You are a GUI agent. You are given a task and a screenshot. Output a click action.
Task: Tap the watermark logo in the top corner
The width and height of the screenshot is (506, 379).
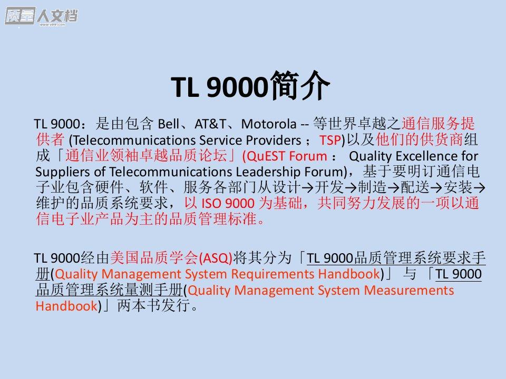(x=41, y=16)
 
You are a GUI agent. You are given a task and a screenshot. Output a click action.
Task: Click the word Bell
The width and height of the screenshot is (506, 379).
(x=169, y=124)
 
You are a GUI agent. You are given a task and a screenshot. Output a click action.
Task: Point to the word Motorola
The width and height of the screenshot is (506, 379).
(x=268, y=124)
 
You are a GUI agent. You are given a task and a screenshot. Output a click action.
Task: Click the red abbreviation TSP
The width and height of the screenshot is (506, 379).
(x=330, y=140)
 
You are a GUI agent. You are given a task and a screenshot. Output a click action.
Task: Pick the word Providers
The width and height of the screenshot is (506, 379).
(x=274, y=140)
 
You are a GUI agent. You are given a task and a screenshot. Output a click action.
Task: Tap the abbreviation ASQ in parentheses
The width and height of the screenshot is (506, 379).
(x=216, y=258)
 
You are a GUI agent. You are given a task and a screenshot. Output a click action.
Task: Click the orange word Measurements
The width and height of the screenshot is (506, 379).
(x=409, y=291)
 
